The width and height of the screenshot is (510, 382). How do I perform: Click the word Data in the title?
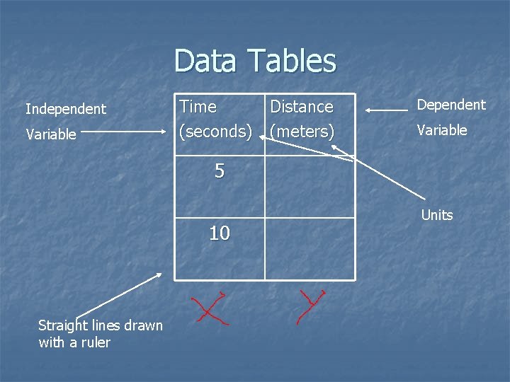pyautogui.click(x=205, y=61)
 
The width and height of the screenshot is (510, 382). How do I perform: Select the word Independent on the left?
pyautogui.click(x=66, y=109)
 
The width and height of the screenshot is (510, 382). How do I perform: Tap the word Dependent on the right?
pyautogui.click(x=451, y=105)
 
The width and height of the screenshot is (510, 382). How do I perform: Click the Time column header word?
pyautogui.click(x=198, y=107)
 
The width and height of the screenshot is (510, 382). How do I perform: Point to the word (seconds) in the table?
pyautogui.click(x=216, y=132)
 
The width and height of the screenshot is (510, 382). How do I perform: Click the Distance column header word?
pyautogui.click(x=302, y=107)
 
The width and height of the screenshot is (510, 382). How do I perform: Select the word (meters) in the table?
pyautogui.click(x=302, y=132)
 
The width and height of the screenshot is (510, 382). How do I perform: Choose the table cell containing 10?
pyautogui.click(x=220, y=241)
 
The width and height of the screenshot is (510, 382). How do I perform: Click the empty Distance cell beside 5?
pyautogui.click(x=310, y=187)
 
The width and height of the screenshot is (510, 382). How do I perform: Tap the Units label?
pyautogui.click(x=437, y=215)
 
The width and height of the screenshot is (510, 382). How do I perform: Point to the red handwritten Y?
pyautogui.click(x=310, y=306)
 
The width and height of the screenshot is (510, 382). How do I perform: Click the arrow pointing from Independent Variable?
pyautogui.click(x=129, y=132)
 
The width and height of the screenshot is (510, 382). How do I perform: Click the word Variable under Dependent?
pyautogui.click(x=442, y=130)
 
